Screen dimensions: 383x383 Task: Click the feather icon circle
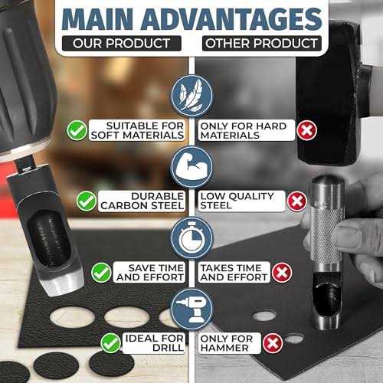[191, 96]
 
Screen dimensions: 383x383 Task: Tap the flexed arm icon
[191, 167]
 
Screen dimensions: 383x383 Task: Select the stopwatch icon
[191, 238]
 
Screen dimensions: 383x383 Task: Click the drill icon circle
[191, 309]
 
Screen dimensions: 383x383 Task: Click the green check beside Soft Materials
[77, 130]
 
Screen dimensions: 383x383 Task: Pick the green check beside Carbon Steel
[87, 201]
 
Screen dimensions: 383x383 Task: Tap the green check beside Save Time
[101, 273]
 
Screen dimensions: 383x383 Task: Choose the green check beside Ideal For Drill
[110, 343]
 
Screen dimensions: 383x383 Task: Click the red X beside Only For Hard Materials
[306, 130]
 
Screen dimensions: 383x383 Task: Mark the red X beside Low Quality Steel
[297, 201]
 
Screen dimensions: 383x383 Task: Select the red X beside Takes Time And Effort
[282, 273]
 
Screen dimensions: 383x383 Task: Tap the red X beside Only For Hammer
[273, 343]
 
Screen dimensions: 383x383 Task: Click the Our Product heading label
[122, 43]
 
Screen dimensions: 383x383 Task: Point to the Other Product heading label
[262, 43]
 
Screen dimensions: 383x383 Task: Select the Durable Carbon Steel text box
[142, 201]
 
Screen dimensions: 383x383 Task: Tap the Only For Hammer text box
[229, 343]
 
